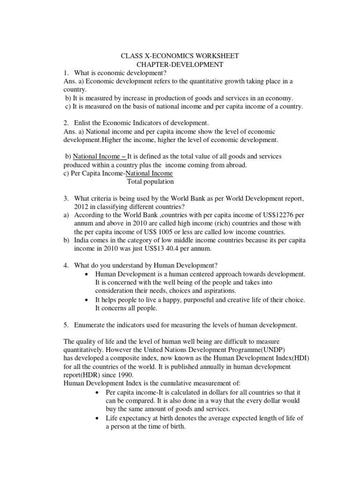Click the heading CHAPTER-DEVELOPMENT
click(180, 64)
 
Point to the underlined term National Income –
click(93, 156)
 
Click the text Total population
click(150, 181)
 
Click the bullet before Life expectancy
click(97, 417)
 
